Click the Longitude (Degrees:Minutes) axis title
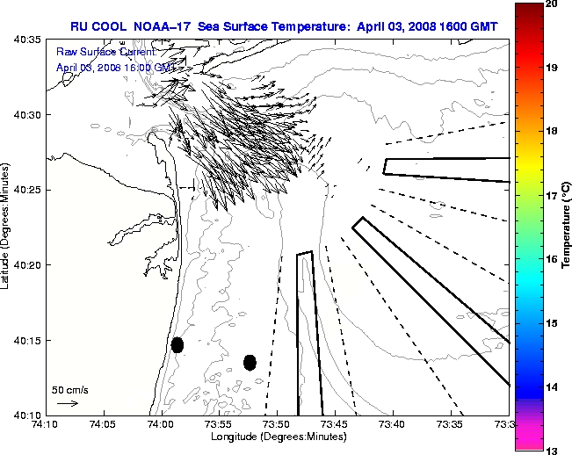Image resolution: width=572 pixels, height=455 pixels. click(277, 437)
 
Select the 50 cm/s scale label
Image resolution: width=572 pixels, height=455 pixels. click(70, 389)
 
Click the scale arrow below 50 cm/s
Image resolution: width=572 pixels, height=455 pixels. click(68, 403)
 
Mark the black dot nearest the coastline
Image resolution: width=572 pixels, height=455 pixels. click(177, 344)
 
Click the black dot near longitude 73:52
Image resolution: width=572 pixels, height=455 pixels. click(250, 362)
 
